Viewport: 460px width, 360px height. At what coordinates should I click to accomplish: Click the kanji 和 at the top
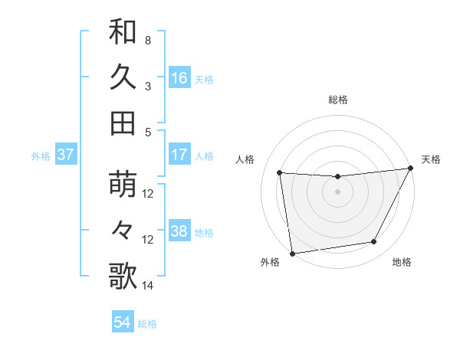[x=123, y=33]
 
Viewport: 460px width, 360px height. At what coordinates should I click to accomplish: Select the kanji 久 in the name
[x=123, y=77]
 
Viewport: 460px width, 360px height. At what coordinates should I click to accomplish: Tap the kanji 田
[x=123, y=123]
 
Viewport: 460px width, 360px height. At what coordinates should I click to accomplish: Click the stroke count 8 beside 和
[x=148, y=40]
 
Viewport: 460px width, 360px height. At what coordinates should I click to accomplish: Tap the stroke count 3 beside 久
[x=148, y=85]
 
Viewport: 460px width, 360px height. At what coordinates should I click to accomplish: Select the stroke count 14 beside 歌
[x=148, y=286]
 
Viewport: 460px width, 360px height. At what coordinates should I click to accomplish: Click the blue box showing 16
[x=179, y=78]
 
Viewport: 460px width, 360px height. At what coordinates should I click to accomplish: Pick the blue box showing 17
[x=179, y=155]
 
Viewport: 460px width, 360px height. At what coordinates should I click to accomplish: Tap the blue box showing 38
[x=179, y=231]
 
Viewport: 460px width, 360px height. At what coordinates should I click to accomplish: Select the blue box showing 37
[x=66, y=155]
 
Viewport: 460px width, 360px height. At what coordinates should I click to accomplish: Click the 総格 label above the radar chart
[x=338, y=100]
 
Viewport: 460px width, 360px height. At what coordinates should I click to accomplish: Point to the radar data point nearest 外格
[x=292, y=253]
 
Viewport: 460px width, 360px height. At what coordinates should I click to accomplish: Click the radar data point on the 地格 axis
[x=374, y=242]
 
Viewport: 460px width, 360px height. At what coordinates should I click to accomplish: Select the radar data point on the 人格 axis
[x=280, y=173]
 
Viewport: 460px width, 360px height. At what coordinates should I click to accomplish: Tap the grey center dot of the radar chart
[x=337, y=191]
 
